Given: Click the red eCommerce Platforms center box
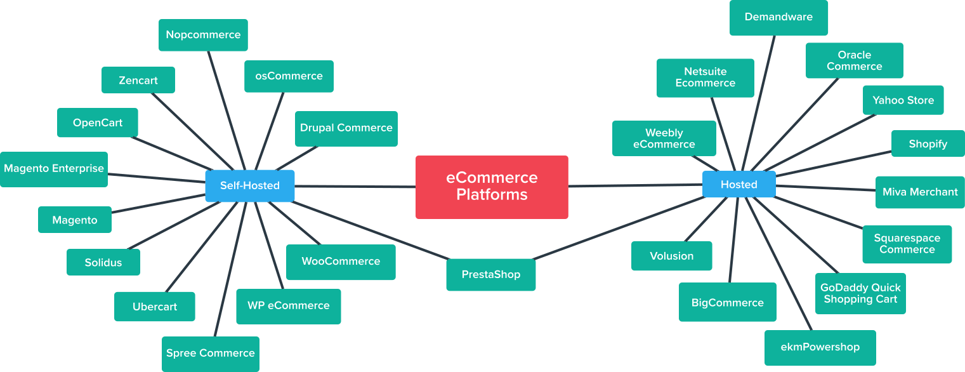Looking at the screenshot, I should click(492, 187).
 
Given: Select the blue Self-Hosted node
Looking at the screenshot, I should click(249, 185).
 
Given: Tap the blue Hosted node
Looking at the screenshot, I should click(739, 184).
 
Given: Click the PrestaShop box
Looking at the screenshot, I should click(490, 275).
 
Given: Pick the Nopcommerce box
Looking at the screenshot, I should click(203, 35).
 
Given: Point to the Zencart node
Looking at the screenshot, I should click(138, 81).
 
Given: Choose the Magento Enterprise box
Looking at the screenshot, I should click(54, 169).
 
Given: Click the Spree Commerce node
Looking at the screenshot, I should click(210, 354).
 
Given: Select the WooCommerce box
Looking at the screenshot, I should click(341, 262).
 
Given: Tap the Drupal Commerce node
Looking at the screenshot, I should click(346, 128).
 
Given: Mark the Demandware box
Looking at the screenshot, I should click(778, 17).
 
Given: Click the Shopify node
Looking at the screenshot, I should click(928, 144).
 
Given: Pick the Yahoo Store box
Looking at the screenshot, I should click(903, 100).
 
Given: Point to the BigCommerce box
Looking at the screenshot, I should click(727, 303).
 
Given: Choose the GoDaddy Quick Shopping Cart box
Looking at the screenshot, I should click(860, 294).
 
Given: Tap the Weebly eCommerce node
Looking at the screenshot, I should click(664, 138).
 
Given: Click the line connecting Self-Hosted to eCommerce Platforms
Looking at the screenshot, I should click(355, 187).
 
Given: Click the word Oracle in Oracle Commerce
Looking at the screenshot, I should click(854, 55).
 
